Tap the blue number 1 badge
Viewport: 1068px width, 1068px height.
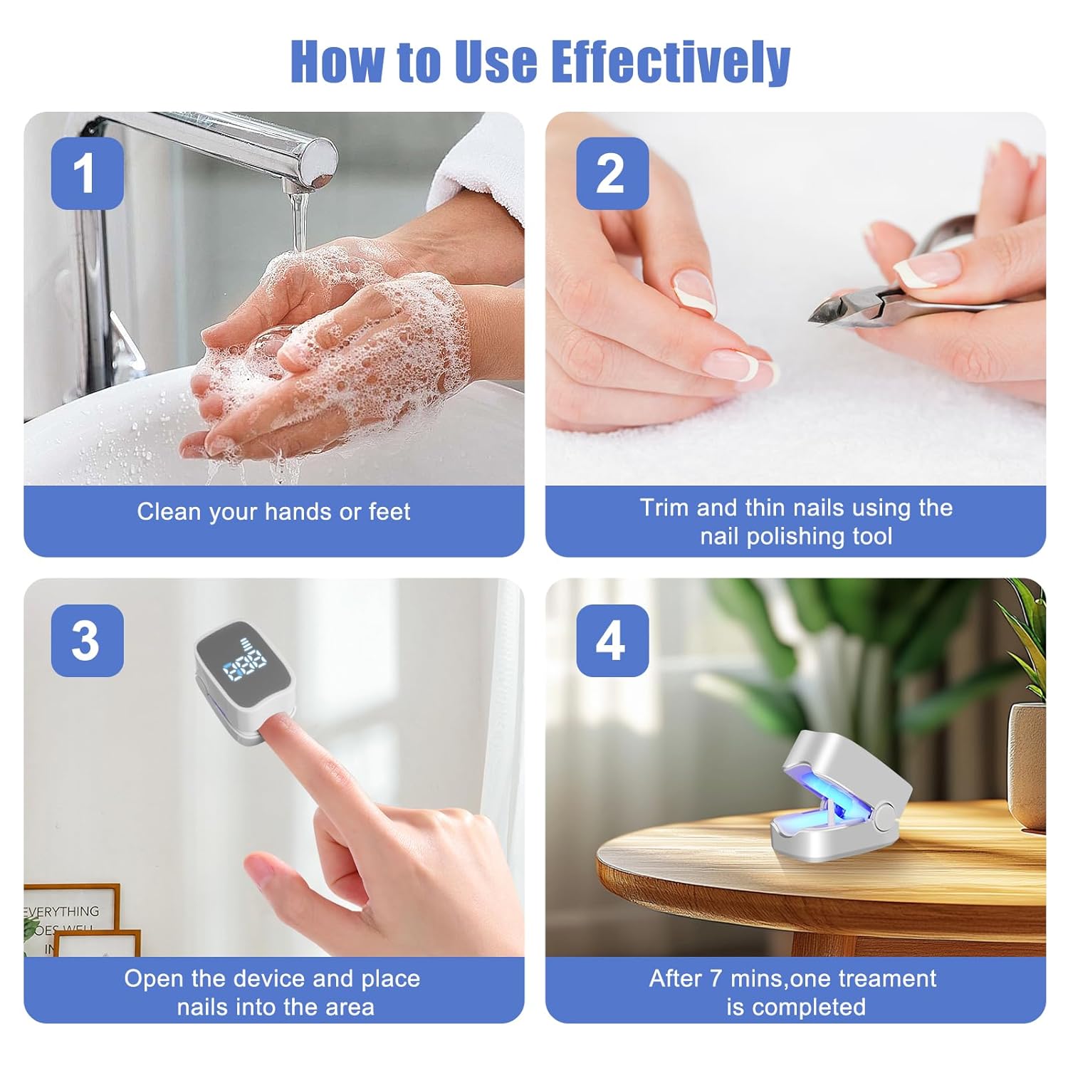pyautogui.click(x=87, y=173)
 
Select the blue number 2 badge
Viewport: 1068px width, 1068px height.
pyautogui.click(x=612, y=173)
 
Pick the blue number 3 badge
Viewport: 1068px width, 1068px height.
pyautogui.click(x=87, y=640)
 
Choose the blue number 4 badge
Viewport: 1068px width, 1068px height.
pyautogui.click(x=612, y=640)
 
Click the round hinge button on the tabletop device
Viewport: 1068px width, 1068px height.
pyautogui.click(x=884, y=816)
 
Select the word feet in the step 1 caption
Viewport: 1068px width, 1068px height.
pyautogui.click(x=389, y=511)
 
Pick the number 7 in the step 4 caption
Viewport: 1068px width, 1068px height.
pyautogui.click(x=716, y=978)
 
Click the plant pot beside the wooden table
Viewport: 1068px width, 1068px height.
pyautogui.click(x=1027, y=765)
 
